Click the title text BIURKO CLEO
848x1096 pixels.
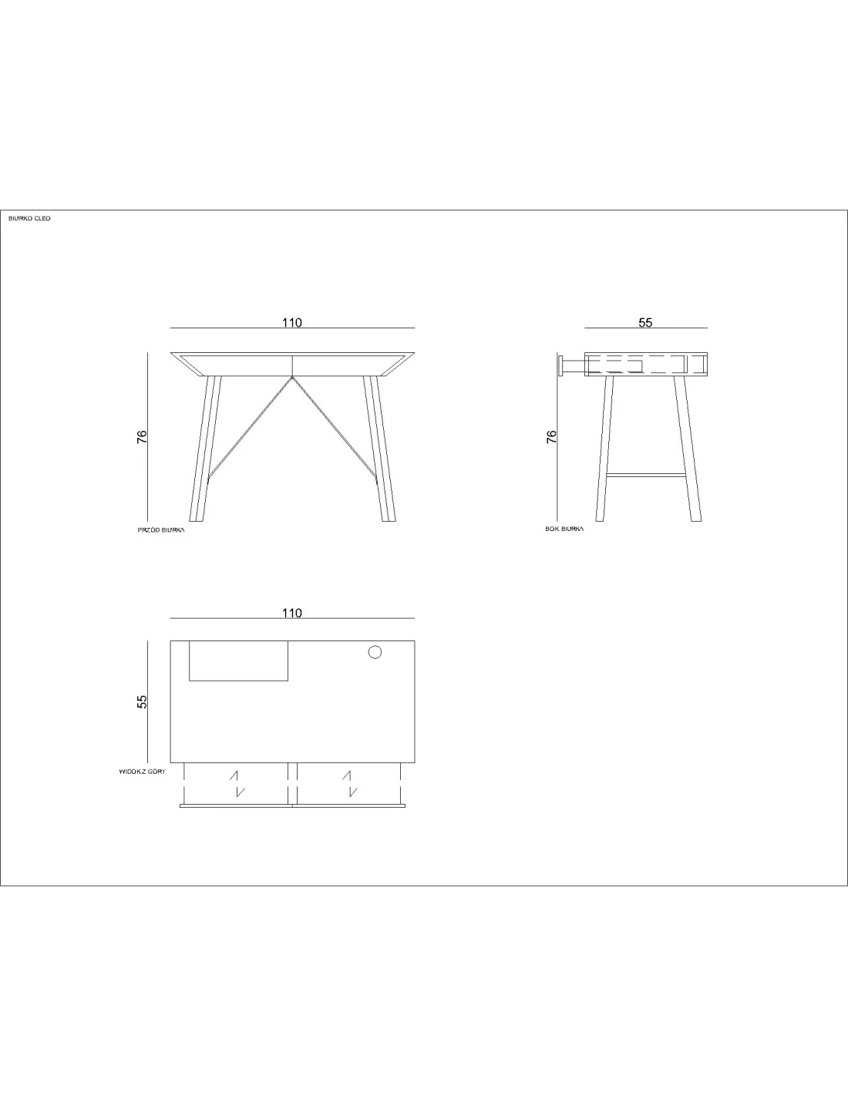pos(29,219)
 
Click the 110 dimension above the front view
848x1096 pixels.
pos(292,323)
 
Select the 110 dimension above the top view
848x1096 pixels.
pos(292,614)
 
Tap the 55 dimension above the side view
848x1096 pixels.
pos(646,323)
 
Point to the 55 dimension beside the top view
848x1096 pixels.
pos(143,701)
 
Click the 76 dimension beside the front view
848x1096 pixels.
pos(143,437)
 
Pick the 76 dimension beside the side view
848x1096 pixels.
pos(552,437)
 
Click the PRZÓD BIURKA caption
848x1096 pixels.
pos(161,530)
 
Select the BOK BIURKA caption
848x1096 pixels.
pos(564,529)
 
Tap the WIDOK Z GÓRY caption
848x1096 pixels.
pos(143,772)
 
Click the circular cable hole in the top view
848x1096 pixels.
pos(375,653)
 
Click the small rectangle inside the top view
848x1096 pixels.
pos(239,661)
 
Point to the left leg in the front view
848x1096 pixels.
pos(205,449)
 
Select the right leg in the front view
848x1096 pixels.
pos(379,449)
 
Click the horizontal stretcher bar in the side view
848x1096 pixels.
pos(646,475)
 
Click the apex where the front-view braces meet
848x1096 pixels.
pos(292,377)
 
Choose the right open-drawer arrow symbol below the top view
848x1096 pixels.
pos(349,784)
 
